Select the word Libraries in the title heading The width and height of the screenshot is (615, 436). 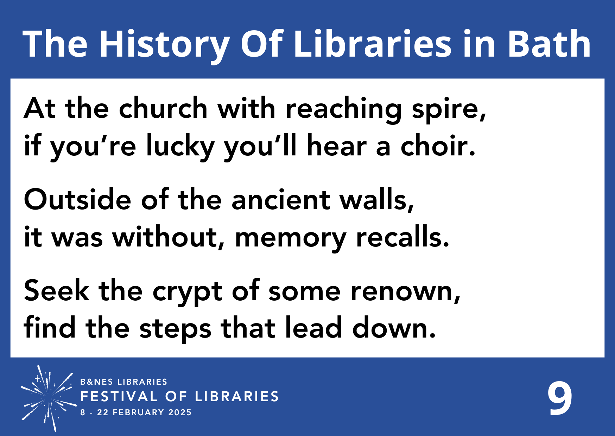[372, 44]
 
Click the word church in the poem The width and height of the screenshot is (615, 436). [163, 108]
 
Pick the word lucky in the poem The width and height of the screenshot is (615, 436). [180, 146]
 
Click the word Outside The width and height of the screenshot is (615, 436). [77, 200]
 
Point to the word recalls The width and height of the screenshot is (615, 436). [402, 237]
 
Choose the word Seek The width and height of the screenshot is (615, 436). [57, 291]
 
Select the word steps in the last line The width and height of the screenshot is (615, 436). [175, 329]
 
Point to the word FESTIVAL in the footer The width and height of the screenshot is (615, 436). [119, 397]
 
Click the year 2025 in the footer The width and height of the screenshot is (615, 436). [180, 412]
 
